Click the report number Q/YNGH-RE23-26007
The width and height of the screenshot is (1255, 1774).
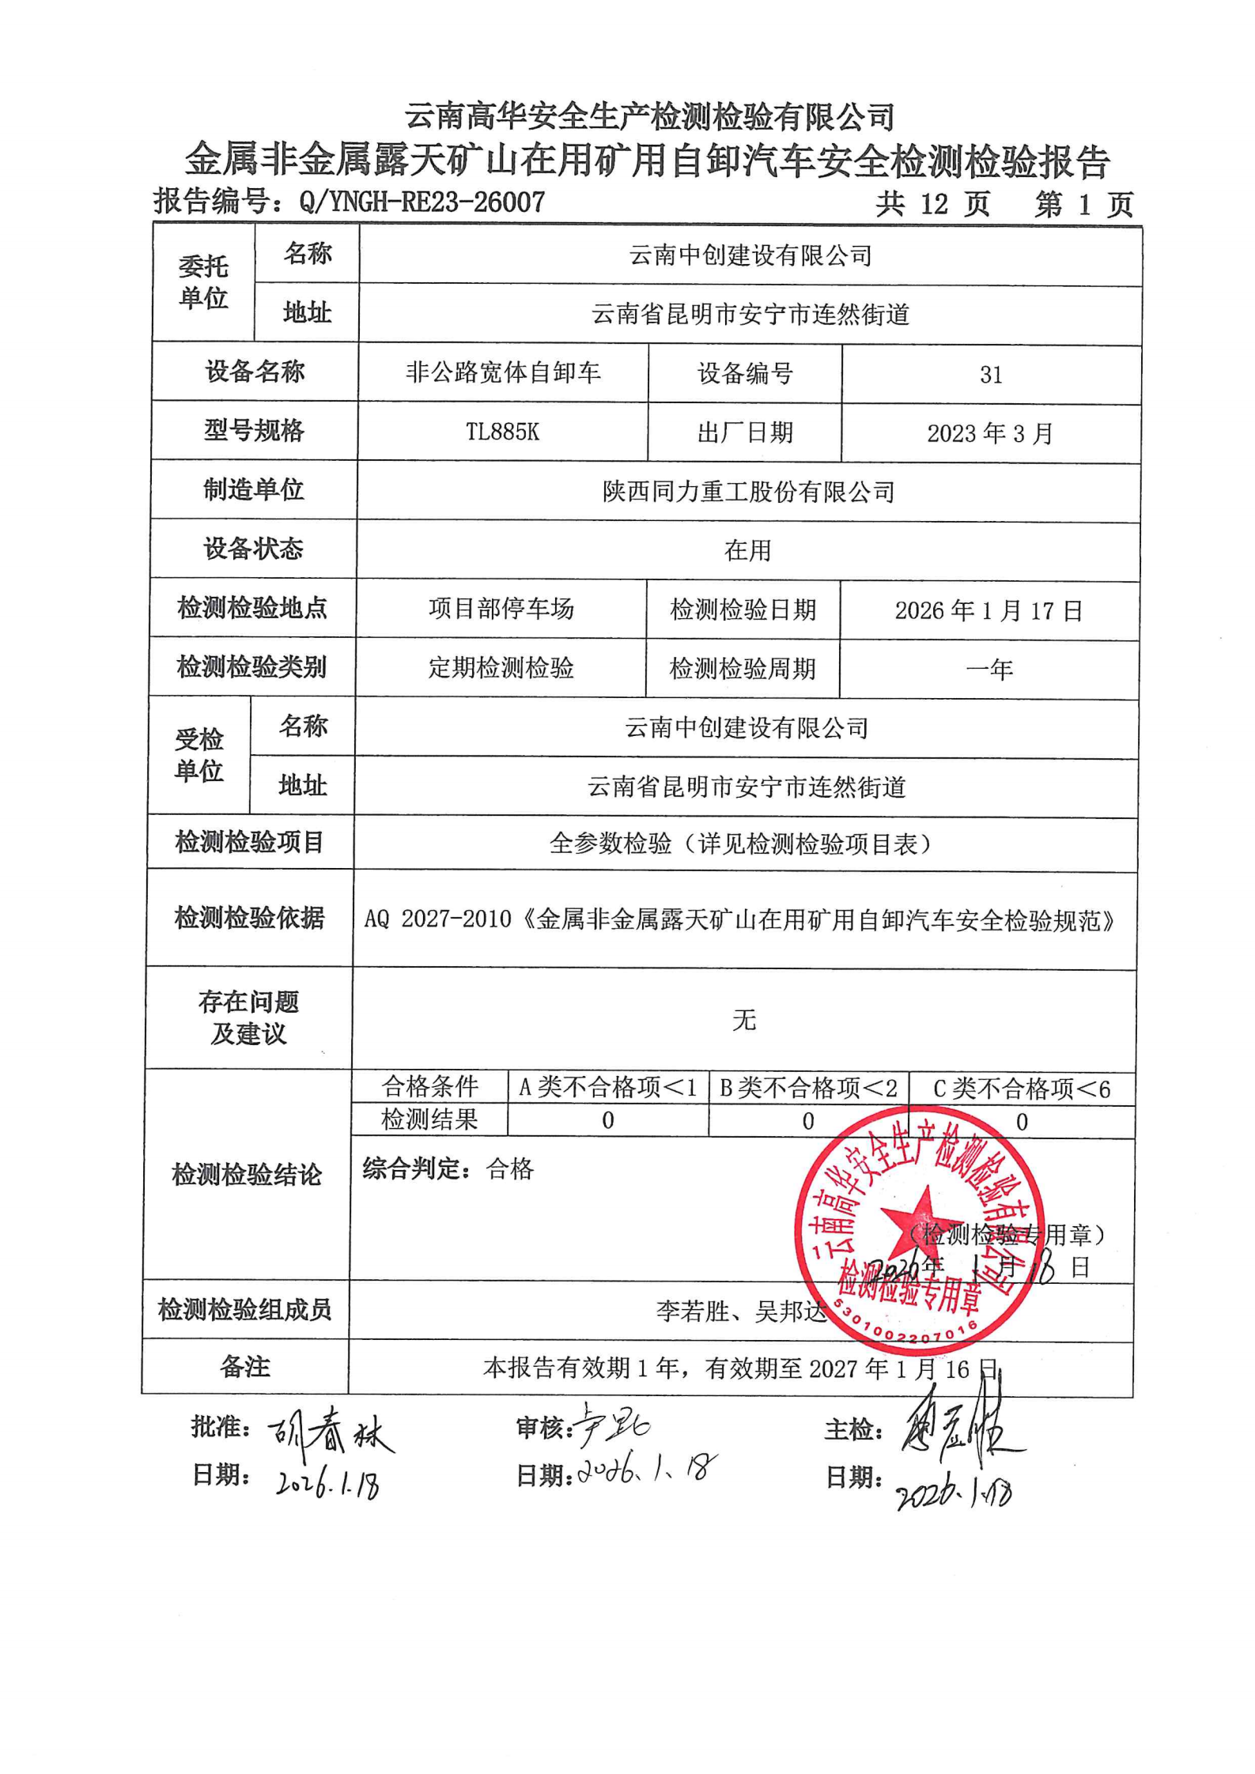(x=421, y=202)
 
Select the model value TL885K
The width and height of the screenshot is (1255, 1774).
(x=502, y=432)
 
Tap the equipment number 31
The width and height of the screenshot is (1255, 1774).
(x=991, y=375)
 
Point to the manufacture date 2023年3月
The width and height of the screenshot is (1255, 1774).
(x=990, y=433)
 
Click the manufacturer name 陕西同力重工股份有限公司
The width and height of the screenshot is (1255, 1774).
(x=748, y=492)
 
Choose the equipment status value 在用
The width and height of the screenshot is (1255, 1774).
(x=747, y=550)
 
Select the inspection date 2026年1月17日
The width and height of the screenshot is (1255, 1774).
(x=989, y=610)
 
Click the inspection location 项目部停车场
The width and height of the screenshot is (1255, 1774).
(x=501, y=609)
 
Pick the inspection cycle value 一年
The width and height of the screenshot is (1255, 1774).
(x=989, y=670)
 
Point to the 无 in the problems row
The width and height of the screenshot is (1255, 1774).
(x=744, y=1020)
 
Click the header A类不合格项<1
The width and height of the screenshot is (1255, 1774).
(x=607, y=1088)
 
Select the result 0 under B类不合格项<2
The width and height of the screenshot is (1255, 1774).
(x=807, y=1121)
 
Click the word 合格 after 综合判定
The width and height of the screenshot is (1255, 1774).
(x=510, y=1168)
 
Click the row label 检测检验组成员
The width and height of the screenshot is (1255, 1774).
(x=244, y=1310)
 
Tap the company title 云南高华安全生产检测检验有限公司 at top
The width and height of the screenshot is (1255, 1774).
(x=649, y=117)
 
